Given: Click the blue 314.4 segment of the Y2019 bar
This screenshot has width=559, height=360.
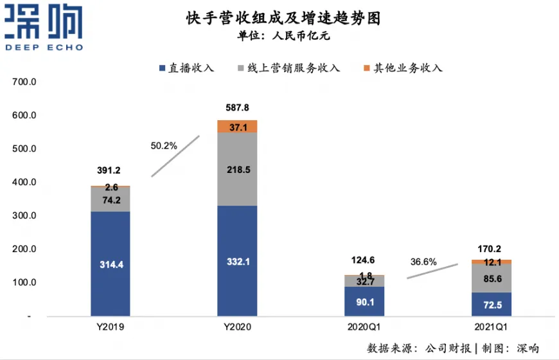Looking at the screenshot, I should tap(110, 264).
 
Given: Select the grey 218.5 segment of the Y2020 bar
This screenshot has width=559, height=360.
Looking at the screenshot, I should tap(237, 169).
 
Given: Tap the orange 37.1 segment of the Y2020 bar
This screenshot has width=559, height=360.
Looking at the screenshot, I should tap(237, 127).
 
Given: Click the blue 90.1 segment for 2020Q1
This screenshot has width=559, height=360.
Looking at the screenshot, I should tap(364, 301).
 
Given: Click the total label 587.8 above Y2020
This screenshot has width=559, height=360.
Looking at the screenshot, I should tap(237, 108).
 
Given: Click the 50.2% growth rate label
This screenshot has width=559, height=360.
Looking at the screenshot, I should tap(164, 147).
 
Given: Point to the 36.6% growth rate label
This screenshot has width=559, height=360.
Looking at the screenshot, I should tap(423, 262).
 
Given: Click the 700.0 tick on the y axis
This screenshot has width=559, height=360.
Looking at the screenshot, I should tap(26, 82).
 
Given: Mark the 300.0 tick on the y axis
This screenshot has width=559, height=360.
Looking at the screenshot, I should tap(26, 216).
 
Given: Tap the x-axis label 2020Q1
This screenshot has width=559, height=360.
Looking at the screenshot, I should tap(364, 327).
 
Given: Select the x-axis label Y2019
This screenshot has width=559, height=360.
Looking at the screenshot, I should tap(110, 327).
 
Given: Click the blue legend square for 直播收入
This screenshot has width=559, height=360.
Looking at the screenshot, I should tap(162, 67).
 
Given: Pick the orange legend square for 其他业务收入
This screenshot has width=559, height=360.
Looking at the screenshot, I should tap(367, 67).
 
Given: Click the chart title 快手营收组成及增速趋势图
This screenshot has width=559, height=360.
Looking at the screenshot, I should tap(278, 19).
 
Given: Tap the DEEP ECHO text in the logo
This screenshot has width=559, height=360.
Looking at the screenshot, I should tap(44, 47).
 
